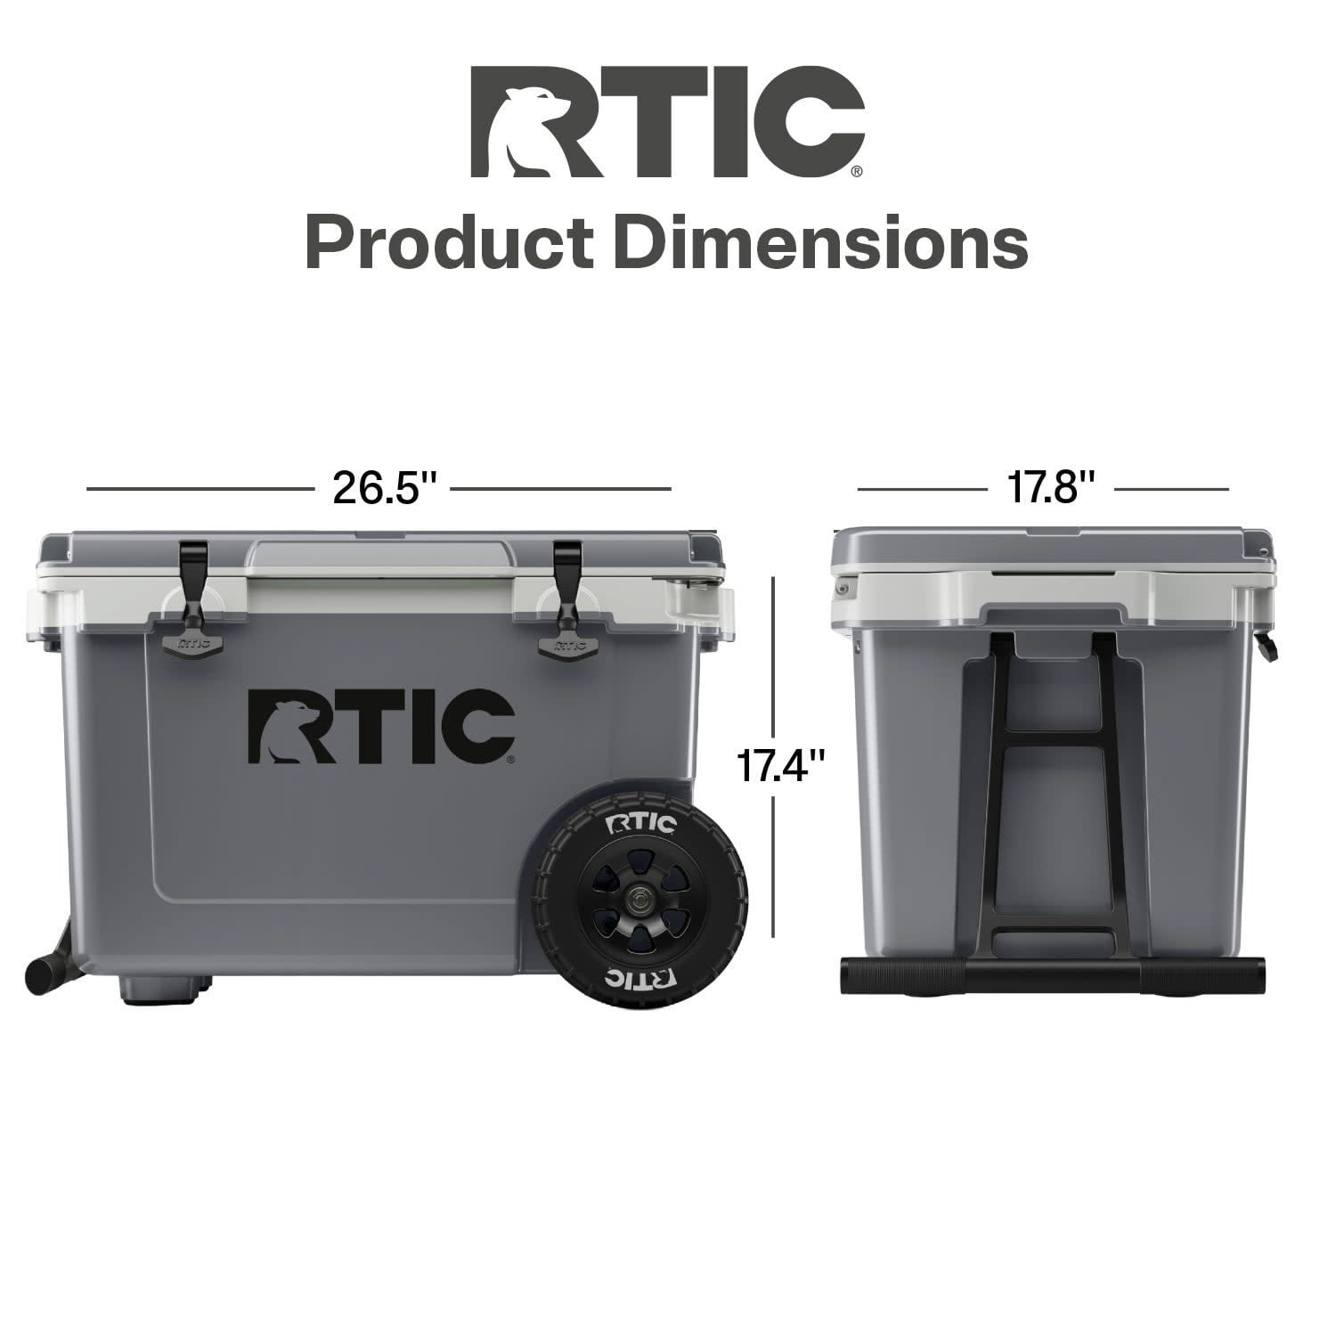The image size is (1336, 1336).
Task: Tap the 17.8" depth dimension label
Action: (1050, 488)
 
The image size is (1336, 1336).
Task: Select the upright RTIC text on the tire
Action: (640, 823)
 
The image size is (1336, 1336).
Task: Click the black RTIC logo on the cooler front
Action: (381, 726)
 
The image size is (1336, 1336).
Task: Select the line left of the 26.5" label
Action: (200, 489)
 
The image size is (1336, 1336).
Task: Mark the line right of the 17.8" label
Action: (1171, 489)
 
